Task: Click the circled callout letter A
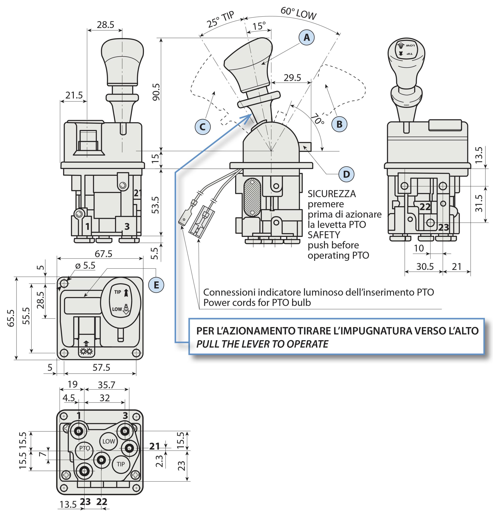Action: (x=306, y=37)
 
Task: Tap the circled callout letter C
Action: (x=202, y=127)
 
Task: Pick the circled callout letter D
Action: (x=346, y=174)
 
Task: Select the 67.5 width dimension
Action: (x=103, y=254)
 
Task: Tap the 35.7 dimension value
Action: (x=106, y=385)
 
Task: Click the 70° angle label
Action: (x=318, y=119)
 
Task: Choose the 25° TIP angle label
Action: (x=220, y=20)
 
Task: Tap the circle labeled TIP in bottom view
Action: (x=121, y=464)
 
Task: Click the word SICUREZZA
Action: (x=332, y=194)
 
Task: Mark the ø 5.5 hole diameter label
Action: (x=85, y=265)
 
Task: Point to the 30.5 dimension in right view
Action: (x=425, y=266)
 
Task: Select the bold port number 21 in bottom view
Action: (x=155, y=446)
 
